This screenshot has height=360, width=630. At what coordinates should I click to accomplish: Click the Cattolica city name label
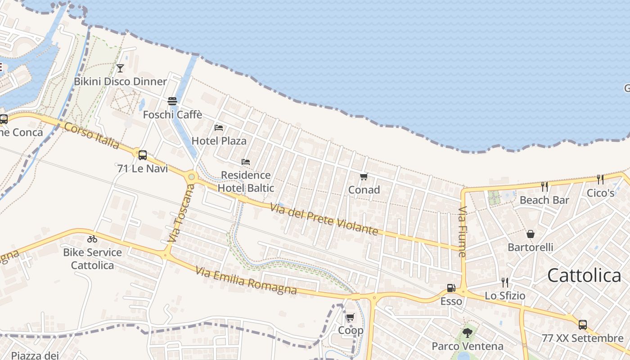point(584,275)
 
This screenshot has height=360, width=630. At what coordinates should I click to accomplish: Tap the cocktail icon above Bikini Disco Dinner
point(120,68)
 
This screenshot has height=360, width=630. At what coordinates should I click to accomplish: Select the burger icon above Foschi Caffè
point(172,101)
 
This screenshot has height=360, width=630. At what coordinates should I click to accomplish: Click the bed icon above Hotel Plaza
point(219,128)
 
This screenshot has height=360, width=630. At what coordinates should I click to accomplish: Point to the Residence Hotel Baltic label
point(246,181)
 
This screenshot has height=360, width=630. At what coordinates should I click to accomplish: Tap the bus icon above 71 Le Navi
point(143,155)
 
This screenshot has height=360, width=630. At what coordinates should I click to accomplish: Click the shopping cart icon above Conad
point(364,176)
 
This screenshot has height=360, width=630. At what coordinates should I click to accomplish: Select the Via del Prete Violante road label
point(324,219)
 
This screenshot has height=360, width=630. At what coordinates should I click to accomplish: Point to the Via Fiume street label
point(462,231)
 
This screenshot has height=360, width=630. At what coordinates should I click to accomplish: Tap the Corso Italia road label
point(91,135)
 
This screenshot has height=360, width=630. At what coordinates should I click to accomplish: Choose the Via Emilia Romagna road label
point(246,280)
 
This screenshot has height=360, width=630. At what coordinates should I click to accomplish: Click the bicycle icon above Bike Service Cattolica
point(92,239)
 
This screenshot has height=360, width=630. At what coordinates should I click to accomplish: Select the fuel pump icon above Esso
point(451,288)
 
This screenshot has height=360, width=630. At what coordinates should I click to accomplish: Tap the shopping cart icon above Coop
point(351,317)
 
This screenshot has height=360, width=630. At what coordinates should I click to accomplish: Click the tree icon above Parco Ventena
point(467,333)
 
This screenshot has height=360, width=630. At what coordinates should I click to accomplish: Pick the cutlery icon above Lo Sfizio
point(505,283)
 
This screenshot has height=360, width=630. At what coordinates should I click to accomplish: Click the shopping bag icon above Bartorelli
point(531,234)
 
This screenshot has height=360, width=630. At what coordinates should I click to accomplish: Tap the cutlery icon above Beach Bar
point(544,186)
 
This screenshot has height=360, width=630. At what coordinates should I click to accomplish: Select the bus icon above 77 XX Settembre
point(582,324)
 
